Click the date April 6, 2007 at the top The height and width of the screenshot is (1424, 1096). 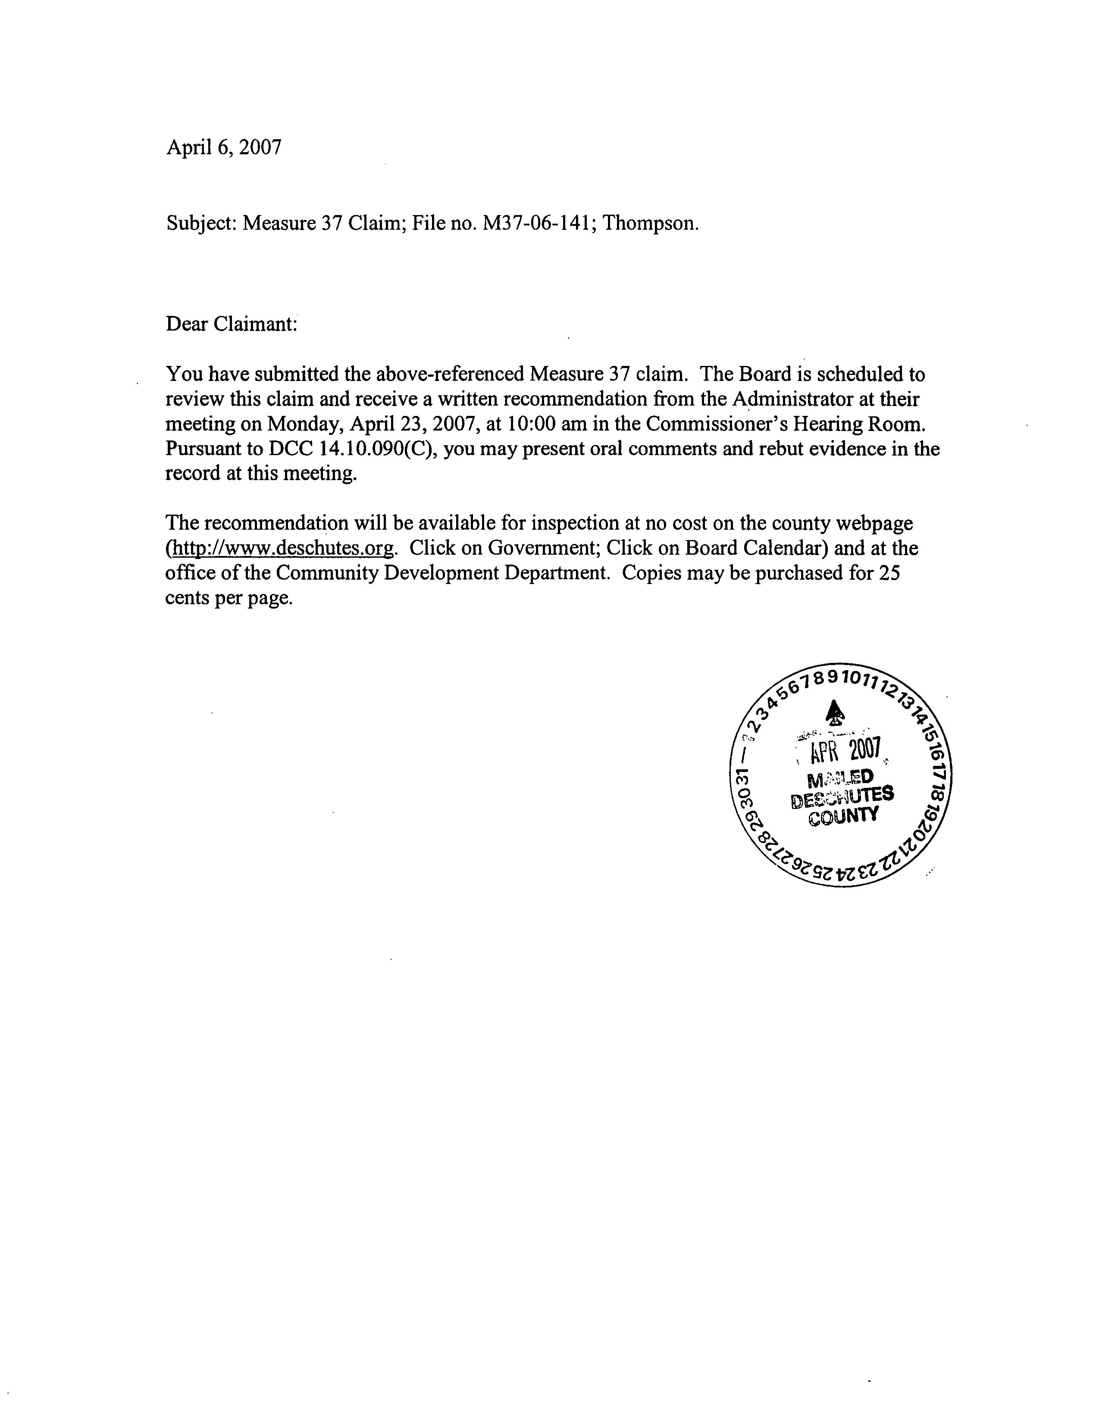224,147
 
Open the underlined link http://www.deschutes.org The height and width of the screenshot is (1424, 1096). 281,548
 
